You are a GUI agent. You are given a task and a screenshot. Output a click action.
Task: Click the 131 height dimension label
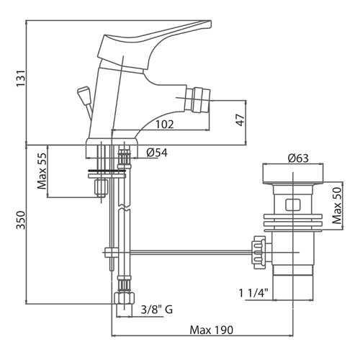pyautogui.click(x=20, y=78)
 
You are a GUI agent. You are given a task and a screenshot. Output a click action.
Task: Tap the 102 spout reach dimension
pyautogui.click(x=165, y=125)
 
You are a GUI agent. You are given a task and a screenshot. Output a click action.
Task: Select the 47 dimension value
pyautogui.click(x=240, y=120)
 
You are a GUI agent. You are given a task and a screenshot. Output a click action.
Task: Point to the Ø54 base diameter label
pyautogui.click(x=157, y=153)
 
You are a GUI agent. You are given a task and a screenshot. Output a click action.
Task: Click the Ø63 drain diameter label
pyautogui.click(x=298, y=158)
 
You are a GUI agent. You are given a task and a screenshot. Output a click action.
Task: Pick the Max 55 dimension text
pyautogui.click(x=42, y=171)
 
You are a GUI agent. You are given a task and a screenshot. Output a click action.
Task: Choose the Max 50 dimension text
pyautogui.click(x=337, y=206)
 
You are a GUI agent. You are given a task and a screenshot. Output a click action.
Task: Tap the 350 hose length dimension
pyautogui.click(x=21, y=220)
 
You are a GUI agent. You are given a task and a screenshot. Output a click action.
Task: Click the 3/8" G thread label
pyautogui.click(x=157, y=310)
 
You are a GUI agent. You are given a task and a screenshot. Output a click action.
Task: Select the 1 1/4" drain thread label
pyautogui.click(x=253, y=293)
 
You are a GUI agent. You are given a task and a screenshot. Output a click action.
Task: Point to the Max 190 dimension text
pyautogui.click(x=212, y=330)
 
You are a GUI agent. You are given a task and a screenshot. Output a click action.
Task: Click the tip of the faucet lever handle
pyautogui.click(x=210, y=23)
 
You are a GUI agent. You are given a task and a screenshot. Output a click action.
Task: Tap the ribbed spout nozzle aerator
pyautogui.click(x=201, y=100)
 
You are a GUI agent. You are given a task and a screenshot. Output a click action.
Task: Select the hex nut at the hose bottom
pyautogui.click(x=124, y=298)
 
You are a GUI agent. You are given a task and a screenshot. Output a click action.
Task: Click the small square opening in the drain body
pyautogui.click(x=293, y=204)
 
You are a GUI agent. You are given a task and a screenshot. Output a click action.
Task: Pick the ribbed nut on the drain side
pyautogui.click(x=258, y=253)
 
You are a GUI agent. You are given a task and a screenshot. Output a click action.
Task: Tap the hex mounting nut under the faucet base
pyautogui.click(x=102, y=188)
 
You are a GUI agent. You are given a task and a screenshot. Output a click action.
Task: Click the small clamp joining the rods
pyautogui.click(x=112, y=252)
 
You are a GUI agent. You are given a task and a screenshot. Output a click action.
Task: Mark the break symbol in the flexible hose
pyautogui.click(x=125, y=208)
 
